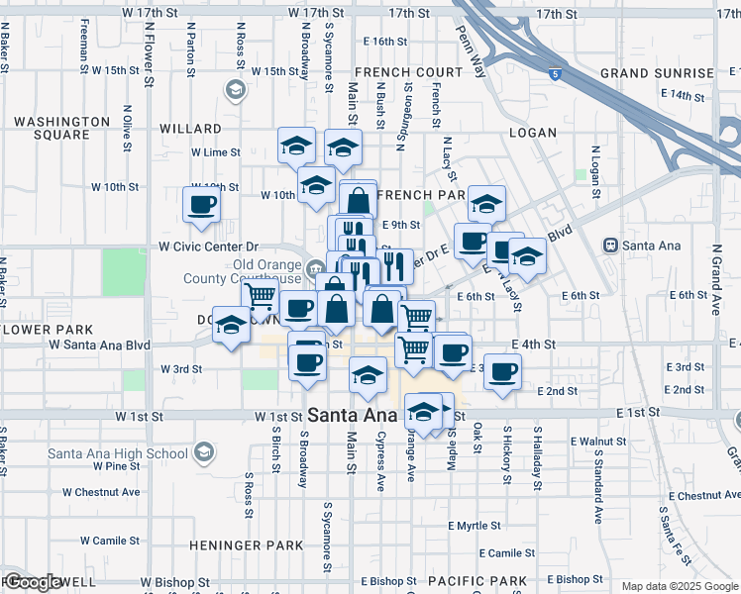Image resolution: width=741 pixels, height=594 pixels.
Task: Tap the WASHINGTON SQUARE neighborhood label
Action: pyautogui.click(x=61, y=128)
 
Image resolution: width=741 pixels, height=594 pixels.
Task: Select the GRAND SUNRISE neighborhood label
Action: pyautogui.click(x=657, y=73)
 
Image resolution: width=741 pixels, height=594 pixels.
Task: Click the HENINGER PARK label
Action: pyautogui.click(x=246, y=545)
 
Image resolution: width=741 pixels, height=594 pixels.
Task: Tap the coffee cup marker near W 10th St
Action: pyautogui.click(x=201, y=205)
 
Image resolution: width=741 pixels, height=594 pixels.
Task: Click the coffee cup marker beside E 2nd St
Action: pyautogui.click(x=502, y=371)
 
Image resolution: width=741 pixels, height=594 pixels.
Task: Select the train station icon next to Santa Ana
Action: pyautogui.click(x=612, y=245)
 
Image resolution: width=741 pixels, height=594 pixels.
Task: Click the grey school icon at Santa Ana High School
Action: pyautogui.click(x=203, y=453)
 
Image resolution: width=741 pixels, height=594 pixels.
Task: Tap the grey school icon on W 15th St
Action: pyautogui.click(x=235, y=91)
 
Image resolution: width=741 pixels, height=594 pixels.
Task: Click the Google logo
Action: pyautogui.click(x=32, y=582)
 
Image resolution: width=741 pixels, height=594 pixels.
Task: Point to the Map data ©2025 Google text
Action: pyautogui.click(x=679, y=586)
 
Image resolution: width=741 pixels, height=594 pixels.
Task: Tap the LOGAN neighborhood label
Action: pyautogui.click(x=533, y=132)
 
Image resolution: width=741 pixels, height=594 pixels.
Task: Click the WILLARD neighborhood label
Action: pyautogui.click(x=190, y=129)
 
